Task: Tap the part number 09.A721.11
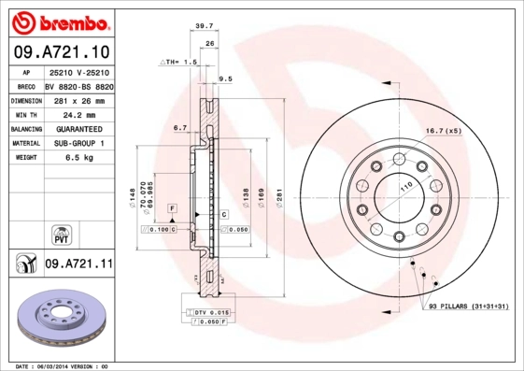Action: (78, 264)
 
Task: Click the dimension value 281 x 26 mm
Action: (78, 99)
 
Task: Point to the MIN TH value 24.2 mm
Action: (78, 114)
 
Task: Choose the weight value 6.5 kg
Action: (78, 159)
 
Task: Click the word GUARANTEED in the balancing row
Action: (78, 129)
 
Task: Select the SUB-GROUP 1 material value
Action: (78, 144)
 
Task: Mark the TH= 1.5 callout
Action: (179, 62)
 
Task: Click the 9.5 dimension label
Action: (224, 79)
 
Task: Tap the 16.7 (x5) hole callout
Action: (444, 131)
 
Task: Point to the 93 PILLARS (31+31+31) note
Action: (469, 307)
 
